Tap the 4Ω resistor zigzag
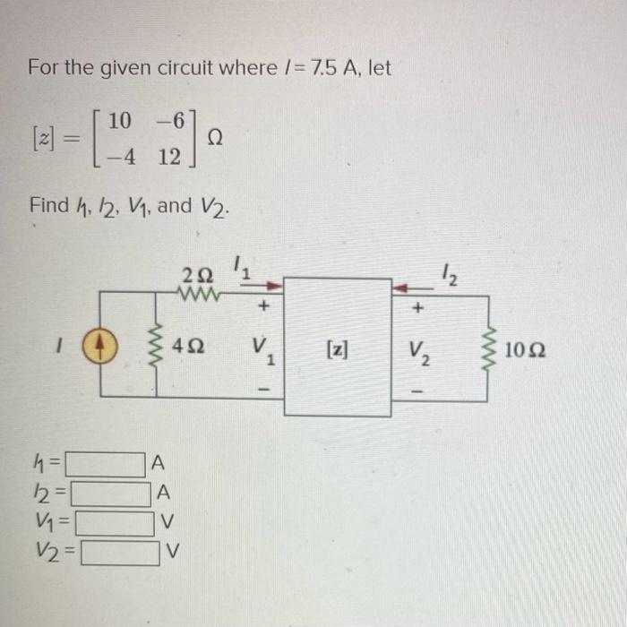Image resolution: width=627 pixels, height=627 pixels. (x=161, y=345)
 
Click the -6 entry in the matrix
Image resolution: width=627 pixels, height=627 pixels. (x=180, y=121)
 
